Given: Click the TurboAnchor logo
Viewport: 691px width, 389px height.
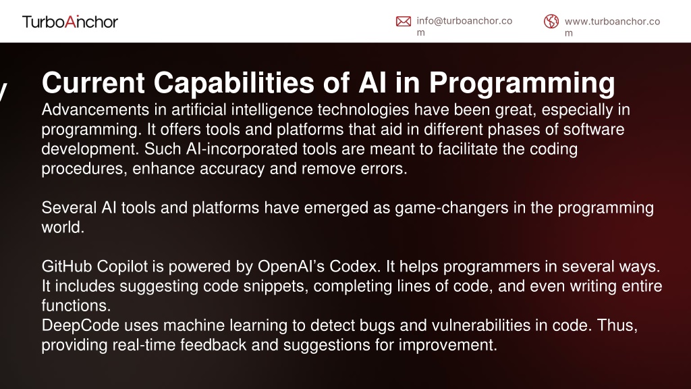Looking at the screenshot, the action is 70,22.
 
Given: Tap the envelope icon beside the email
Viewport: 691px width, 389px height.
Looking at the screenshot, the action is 404,21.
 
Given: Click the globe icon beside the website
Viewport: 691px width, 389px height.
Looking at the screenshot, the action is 551,21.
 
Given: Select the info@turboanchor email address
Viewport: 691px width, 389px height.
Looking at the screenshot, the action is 464,26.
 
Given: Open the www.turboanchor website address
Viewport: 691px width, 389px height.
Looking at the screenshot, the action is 612,27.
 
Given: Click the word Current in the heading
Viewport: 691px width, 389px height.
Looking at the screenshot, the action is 93,82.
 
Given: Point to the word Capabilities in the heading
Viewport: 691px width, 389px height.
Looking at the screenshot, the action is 234,83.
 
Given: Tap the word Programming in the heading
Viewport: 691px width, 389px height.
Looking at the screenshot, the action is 522,83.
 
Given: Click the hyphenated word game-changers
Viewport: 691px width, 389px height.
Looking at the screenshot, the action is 451,208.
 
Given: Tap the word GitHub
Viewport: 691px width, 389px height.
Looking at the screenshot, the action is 67,266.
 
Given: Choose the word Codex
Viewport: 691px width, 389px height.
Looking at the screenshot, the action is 354,266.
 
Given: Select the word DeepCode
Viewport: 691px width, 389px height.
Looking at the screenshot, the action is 80,326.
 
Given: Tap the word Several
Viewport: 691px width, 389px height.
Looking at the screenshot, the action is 69,208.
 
